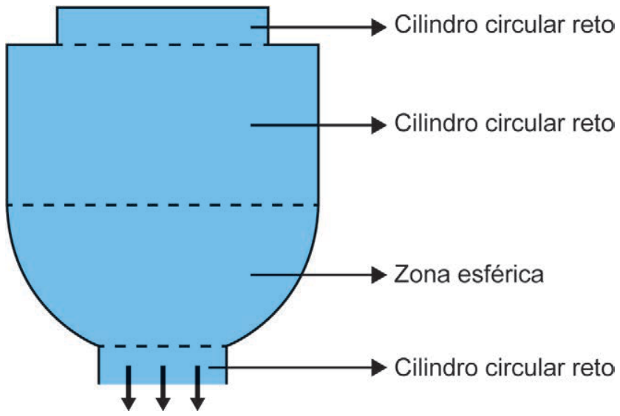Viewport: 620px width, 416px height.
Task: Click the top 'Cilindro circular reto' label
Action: [504, 24]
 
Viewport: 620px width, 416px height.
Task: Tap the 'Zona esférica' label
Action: [469, 274]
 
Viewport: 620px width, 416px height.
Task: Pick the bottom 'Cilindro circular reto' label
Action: [504, 367]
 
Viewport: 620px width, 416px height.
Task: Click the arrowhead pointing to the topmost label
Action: [379, 27]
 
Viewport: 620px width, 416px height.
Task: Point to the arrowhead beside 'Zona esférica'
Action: [379, 274]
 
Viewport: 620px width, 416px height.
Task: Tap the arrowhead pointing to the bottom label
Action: [379, 368]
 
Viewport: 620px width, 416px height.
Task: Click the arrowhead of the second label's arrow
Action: [379, 125]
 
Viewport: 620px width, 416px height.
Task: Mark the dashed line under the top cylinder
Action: [163, 44]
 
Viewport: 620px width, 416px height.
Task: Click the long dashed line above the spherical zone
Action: [163, 205]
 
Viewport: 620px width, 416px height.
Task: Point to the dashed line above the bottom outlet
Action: [163, 347]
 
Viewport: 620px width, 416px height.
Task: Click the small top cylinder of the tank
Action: [163, 26]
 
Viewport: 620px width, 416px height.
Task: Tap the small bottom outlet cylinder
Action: [163, 365]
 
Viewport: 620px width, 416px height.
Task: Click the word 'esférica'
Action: [499, 274]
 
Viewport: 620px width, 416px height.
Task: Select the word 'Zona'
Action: [422, 274]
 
